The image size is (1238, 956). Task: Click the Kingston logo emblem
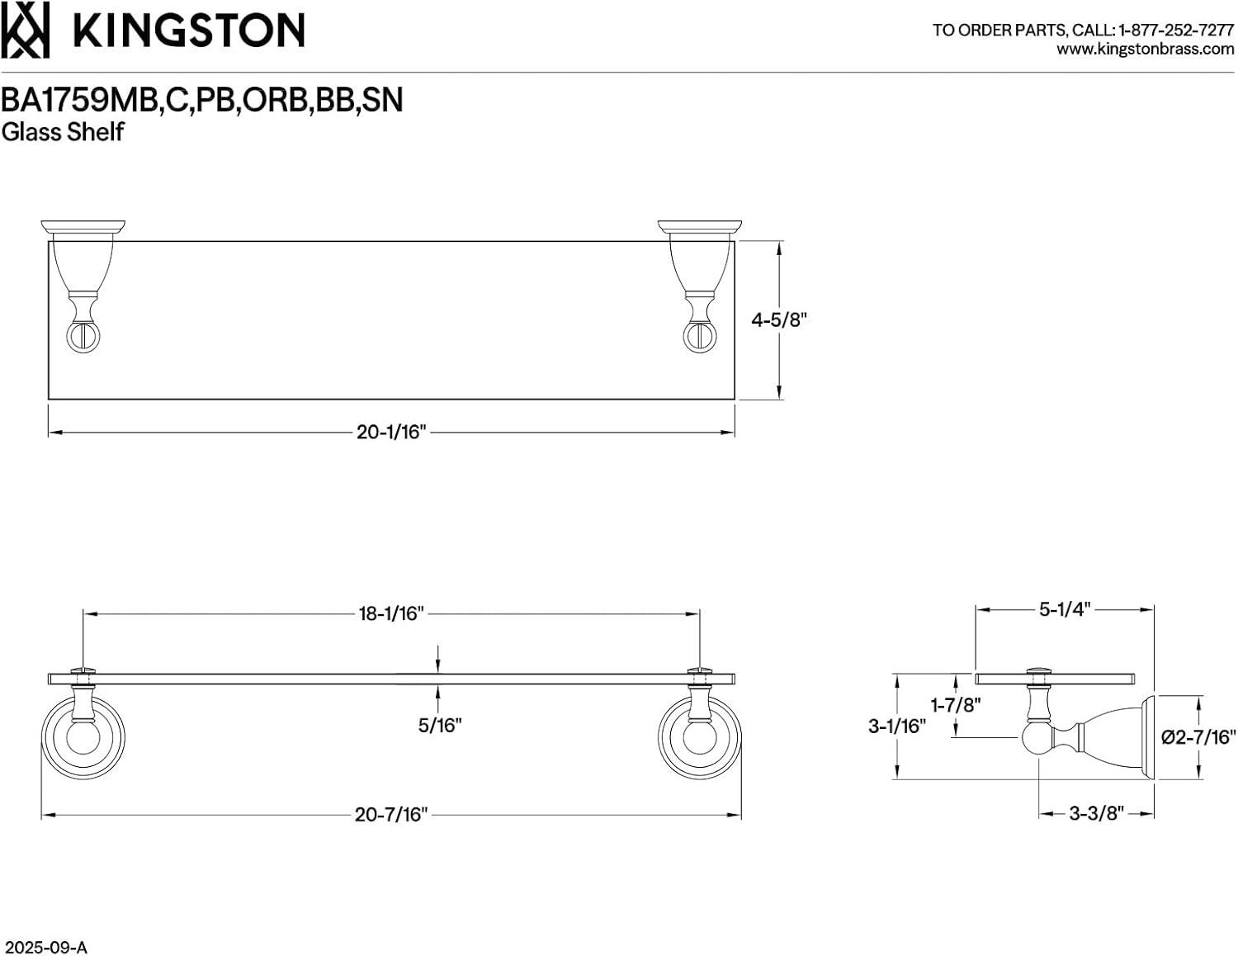[25, 30]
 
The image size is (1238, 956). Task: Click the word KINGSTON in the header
[189, 31]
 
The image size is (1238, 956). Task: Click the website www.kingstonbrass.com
[1145, 50]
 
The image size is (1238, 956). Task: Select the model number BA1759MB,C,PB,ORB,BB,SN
[202, 100]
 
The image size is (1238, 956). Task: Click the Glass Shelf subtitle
[63, 132]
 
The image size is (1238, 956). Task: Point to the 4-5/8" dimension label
[777, 320]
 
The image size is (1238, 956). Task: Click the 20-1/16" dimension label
[390, 432]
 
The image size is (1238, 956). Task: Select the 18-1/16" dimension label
[390, 613]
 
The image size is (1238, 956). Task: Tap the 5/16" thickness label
[439, 726]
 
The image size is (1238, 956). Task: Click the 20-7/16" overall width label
[391, 815]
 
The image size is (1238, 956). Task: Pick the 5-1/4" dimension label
[1065, 610]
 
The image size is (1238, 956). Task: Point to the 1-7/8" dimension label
[956, 705]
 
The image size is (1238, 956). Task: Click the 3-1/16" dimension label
[896, 726]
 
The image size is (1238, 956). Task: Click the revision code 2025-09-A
[45, 947]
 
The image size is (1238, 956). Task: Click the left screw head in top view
[81, 337]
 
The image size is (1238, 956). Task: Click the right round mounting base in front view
[699, 737]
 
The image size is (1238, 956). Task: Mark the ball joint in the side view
[1037, 738]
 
